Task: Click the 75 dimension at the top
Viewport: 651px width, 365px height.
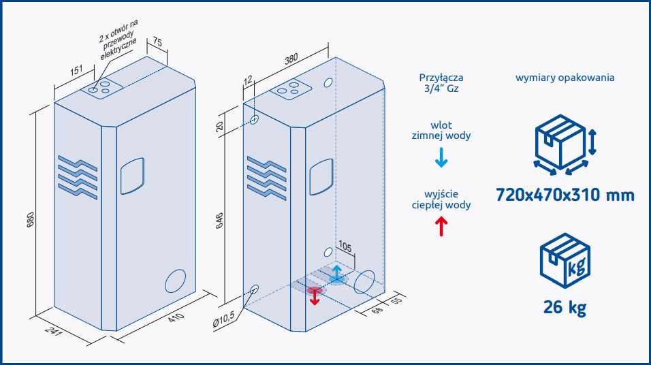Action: click(157, 42)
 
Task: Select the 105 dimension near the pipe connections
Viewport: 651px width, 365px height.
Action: click(346, 247)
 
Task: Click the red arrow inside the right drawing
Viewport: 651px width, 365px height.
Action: click(314, 296)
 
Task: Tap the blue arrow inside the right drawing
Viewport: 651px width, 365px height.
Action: click(337, 274)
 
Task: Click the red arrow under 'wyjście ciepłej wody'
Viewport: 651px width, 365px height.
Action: click(441, 225)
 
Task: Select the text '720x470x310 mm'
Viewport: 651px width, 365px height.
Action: click(565, 195)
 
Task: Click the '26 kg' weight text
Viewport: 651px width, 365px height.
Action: click(565, 307)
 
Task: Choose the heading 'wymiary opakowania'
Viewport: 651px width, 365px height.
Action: click(565, 78)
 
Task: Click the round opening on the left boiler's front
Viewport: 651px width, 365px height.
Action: click(175, 281)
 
